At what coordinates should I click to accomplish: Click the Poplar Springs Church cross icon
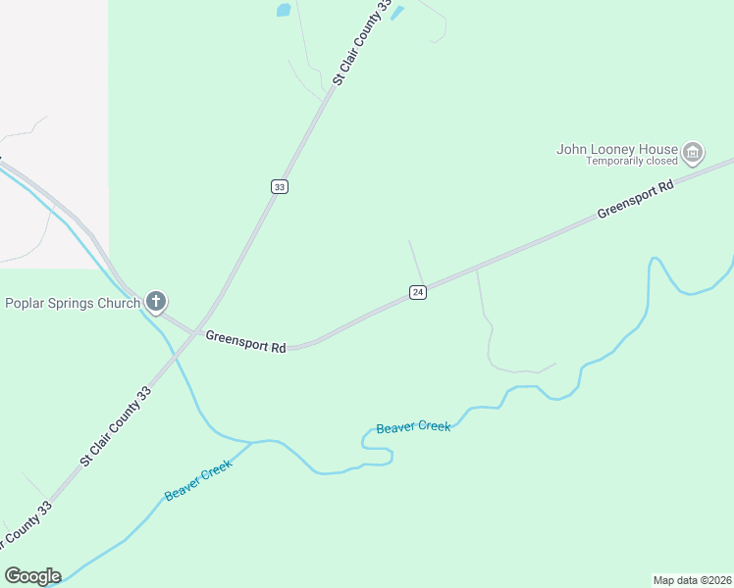coord(155,302)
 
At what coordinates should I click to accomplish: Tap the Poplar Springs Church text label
coord(73,303)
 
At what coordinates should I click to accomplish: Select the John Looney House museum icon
coord(693,151)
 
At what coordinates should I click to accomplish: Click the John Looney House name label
coord(617,149)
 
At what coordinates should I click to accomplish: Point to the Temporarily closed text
coord(632,162)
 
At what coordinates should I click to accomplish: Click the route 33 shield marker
coord(280,186)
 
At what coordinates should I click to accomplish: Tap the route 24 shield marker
coord(418,292)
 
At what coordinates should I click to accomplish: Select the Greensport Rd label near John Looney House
coord(636,199)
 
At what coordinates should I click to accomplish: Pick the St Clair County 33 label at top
coord(362,43)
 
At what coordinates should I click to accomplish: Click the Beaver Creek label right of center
coord(413,427)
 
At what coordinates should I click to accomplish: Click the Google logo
coord(32,576)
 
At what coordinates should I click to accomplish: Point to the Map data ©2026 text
coord(692,579)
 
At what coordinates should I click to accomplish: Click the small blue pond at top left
coord(284,11)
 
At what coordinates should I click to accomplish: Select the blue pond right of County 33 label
coord(397,13)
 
